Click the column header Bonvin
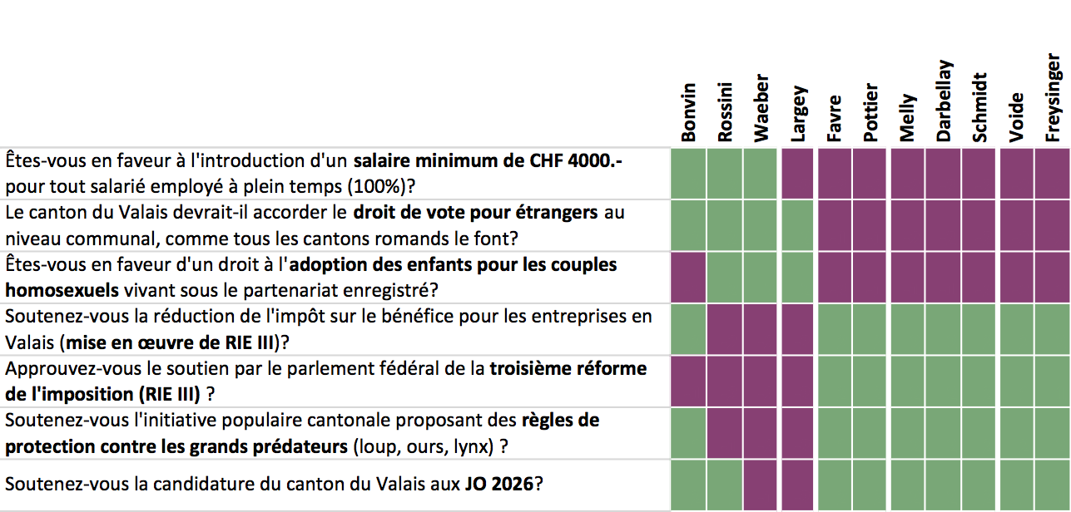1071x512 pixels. tap(688, 113)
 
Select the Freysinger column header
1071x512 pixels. tap(1053, 97)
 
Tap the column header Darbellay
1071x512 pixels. tap(944, 101)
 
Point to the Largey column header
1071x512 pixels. tap(799, 114)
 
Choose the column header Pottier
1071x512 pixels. tap(870, 113)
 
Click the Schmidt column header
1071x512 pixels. tap(979, 107)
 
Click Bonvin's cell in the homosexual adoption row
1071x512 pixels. tap(688, 278)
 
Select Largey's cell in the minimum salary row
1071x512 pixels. tap(797, 174)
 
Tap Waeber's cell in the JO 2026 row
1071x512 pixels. tap(761, 485)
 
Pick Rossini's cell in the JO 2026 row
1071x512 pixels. tap(724, 485)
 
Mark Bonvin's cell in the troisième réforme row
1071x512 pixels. tap(688, 382)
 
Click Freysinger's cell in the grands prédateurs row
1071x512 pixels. tap(1053, 433)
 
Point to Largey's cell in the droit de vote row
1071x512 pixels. tap(797, 225)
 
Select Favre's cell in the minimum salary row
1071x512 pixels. tap(835, 174)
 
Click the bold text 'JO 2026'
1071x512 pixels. tap(499, 485)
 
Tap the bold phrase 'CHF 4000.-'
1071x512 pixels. tap(576, 161)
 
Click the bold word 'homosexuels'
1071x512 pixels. tap(62, 290)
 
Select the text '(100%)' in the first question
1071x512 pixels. tap(376, 187)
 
